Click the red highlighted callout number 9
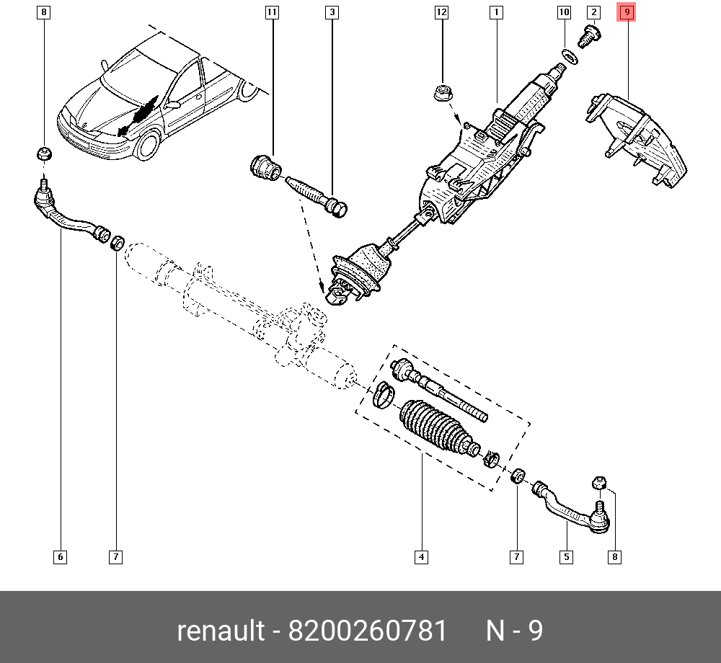coord(627,12)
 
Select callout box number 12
coord(441,12)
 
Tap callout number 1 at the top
coord(496,12)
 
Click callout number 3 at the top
coord(332,12)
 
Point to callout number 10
coord(564,12)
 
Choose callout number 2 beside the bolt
coord(593,12)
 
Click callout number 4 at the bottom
coord(421,556)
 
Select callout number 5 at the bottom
coord(567,556)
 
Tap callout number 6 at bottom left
coord(60,556)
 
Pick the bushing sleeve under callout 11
coord(265,168)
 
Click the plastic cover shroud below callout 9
coord(638,141)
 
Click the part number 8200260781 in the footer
coord(368,631)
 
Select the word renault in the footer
coord(221,631)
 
